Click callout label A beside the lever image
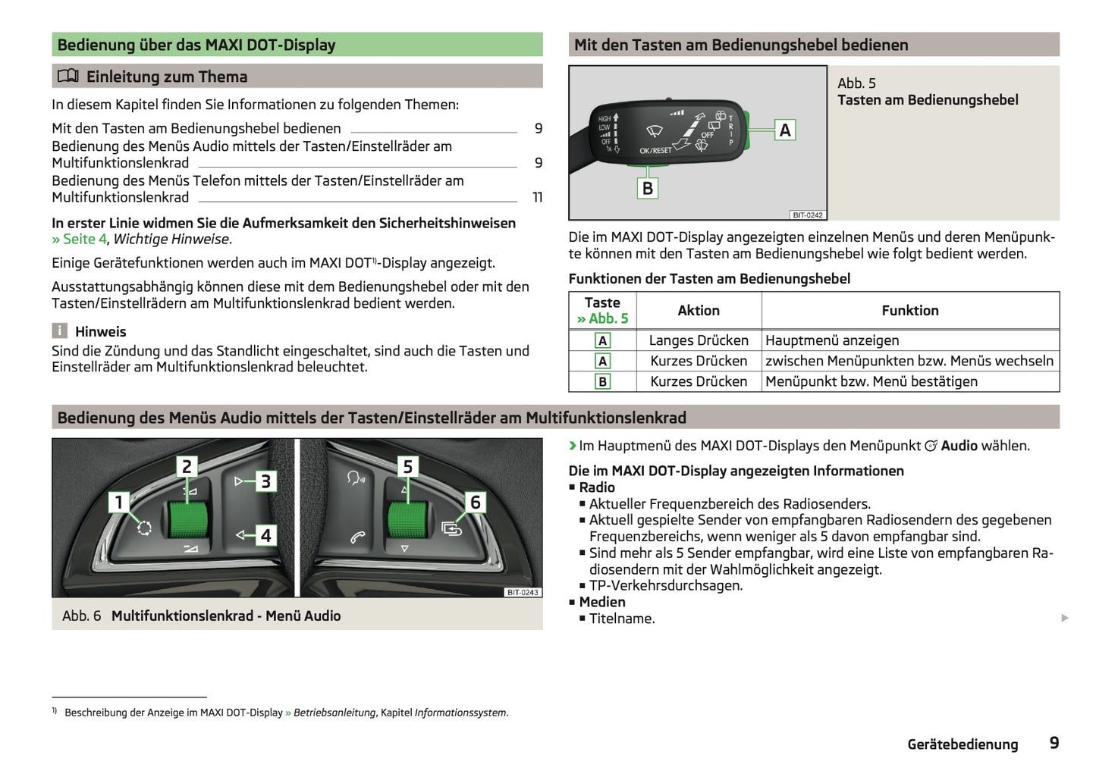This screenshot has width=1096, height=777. (785, 130)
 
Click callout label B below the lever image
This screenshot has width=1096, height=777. (647, 188)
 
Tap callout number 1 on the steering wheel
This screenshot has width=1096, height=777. (118, 501)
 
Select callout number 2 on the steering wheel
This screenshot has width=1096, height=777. (187, 465)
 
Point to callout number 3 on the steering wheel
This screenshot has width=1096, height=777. (265, 481)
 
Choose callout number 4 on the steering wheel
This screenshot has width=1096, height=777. (265, 535)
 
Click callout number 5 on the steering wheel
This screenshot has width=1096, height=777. (407, 466)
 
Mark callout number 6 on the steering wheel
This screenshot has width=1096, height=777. (476, 502)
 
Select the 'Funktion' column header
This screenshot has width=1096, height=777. (909, 310)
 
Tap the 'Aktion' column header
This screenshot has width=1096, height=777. (699, 310)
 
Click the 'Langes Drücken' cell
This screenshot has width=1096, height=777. (699, 340)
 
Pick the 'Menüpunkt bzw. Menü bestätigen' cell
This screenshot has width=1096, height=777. (871, 381)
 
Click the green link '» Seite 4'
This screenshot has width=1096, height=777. (79, 240)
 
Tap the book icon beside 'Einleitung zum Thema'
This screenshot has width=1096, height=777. (68, 76)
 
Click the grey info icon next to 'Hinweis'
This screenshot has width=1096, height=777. (60, 331)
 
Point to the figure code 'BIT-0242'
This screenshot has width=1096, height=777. (808, 215)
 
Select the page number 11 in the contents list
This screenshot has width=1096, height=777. (538, 197)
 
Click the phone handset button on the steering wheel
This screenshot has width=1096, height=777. (357, 537)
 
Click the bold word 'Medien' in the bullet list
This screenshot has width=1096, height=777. (602, 602)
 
